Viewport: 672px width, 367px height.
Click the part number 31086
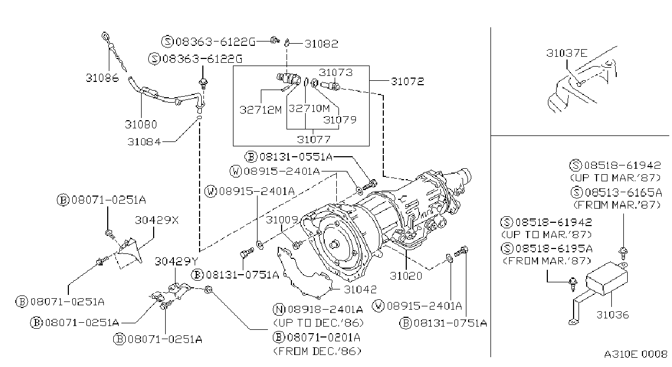pos(102,78)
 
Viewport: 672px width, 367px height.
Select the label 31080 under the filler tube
pos(141,125)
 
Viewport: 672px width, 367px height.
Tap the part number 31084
pos(144,141)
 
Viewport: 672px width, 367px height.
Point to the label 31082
pos(322,44)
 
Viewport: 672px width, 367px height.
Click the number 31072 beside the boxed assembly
pos(407,81)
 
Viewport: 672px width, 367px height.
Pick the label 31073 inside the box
pos(336,72)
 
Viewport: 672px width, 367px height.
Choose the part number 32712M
pos(260,110)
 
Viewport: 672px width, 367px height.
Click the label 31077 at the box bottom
pos(314,139)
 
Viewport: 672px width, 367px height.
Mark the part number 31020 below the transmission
pos(406,276)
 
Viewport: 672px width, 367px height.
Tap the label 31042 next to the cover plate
pos(360,289)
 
